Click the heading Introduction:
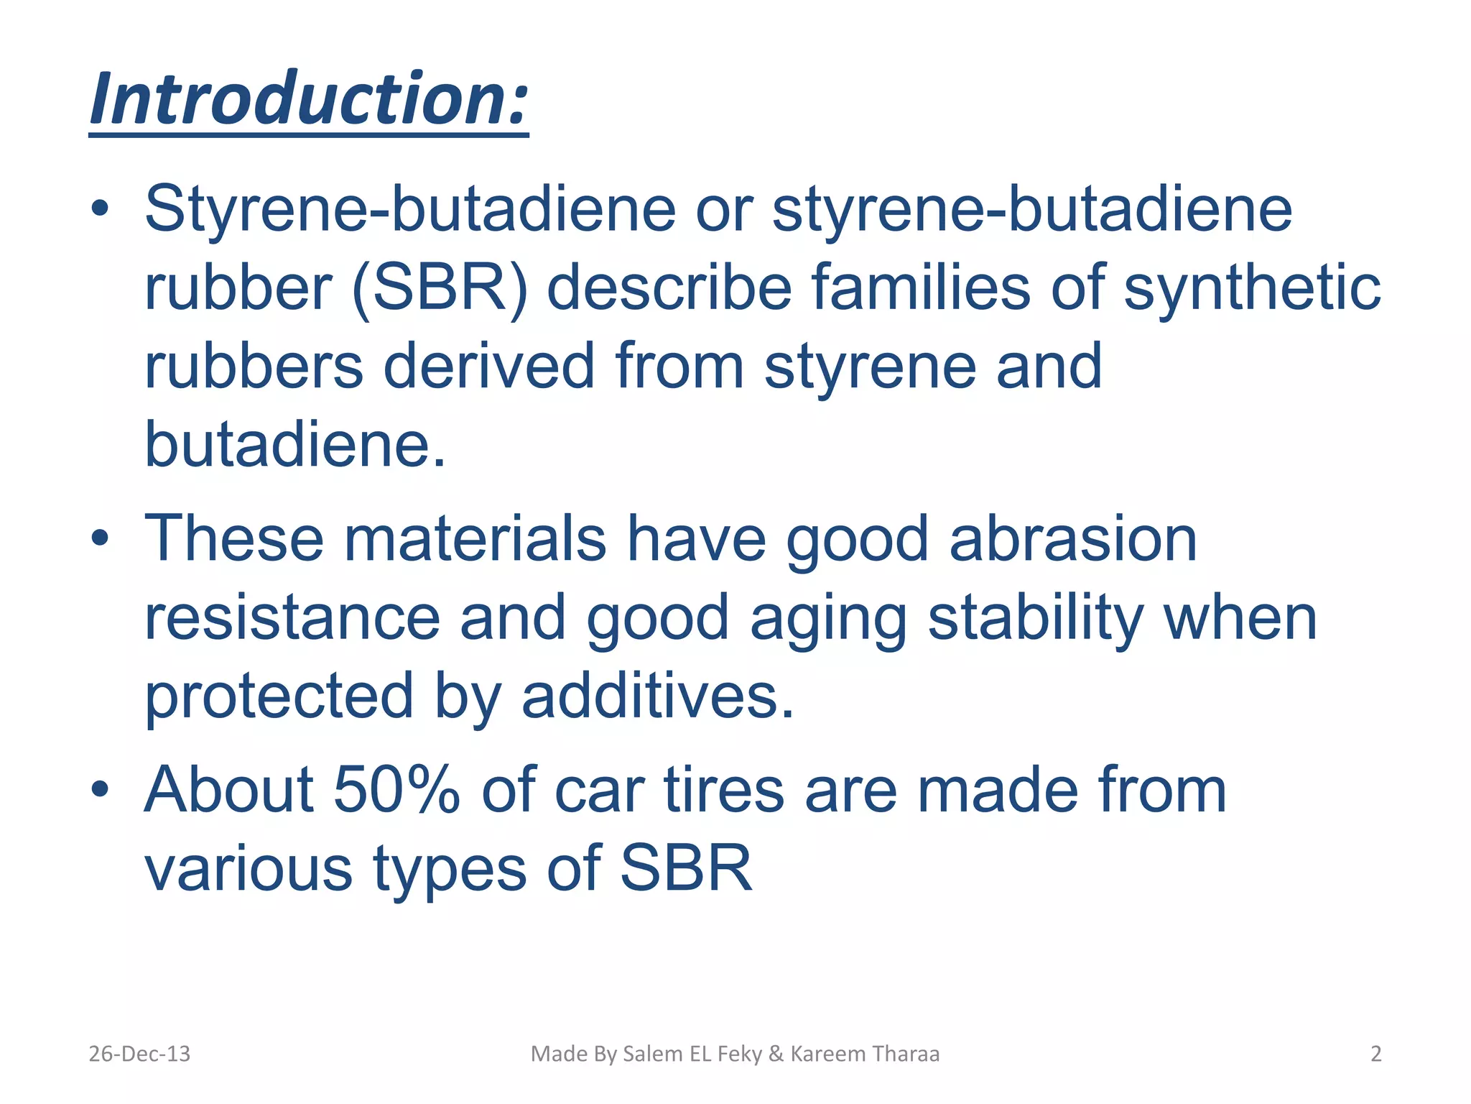point(309,99)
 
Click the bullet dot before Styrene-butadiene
point(100,209)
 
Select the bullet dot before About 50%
point(100,790)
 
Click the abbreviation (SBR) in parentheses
point(440,288)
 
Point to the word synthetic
point(1251,288)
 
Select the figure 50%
point(396,790)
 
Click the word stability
point(1035,618)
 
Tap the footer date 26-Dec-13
point(139,1054)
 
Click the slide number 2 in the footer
point(1375,1054)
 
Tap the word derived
point(488,367)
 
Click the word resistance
point(292,618)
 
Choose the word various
point(249,868)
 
